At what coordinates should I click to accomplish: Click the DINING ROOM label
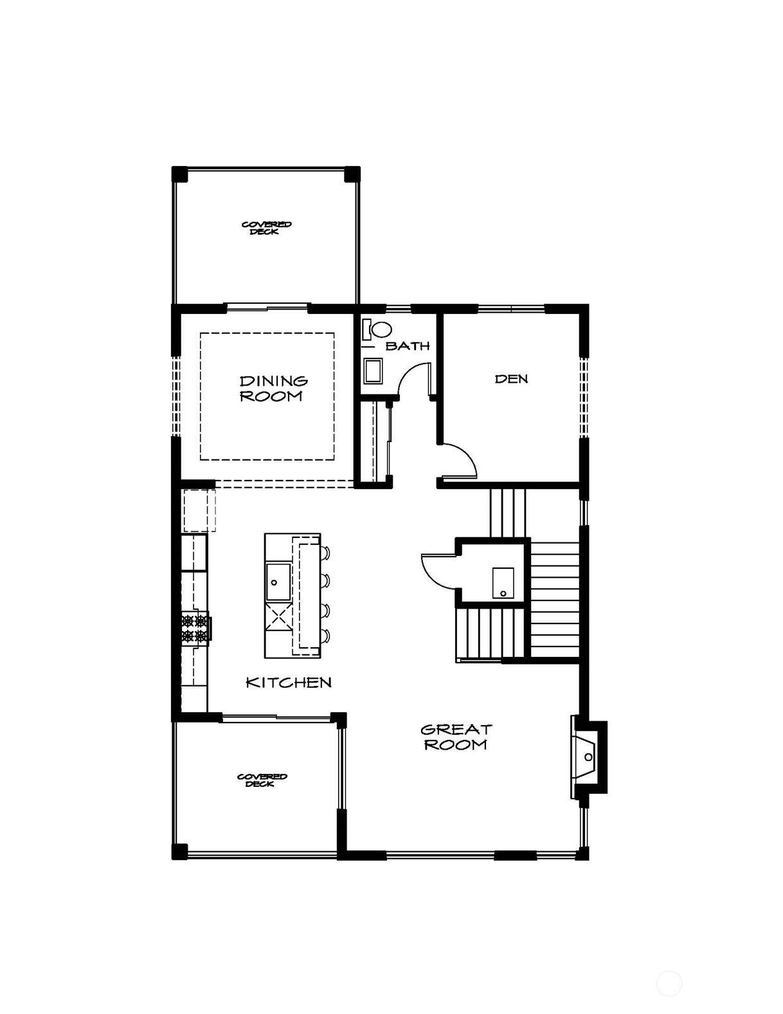(274, 389)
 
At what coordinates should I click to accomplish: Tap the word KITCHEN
(289, 683)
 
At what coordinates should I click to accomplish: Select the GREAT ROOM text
(456, 737)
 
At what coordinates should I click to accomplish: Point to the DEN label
(511, 379)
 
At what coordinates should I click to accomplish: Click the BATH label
(408, 346)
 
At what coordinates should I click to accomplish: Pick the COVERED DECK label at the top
(267, 228)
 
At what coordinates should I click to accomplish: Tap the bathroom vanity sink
(373, 371)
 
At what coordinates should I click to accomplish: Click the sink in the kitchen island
(278, 582)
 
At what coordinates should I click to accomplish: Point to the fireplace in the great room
(588, 757)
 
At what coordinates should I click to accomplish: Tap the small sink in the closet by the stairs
(503, 583)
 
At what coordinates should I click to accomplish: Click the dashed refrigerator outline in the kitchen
(199, 510)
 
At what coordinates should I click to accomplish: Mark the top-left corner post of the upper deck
(180, 174)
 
